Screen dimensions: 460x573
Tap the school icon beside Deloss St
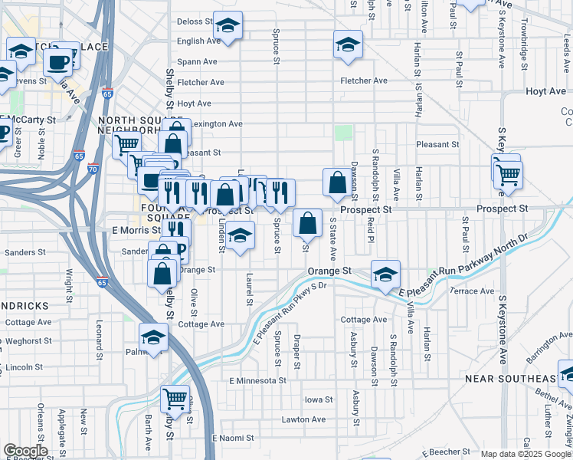click(x=228, y=28)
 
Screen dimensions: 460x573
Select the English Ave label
click(x=199, y=41)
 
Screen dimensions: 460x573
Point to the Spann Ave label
click(x=197, y=61)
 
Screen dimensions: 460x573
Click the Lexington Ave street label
click(x=217, y=123)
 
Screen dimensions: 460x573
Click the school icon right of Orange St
click(x=385, y=274)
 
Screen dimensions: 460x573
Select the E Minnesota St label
click(x=257, y=380)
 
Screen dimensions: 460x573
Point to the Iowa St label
click(x=319, y=399)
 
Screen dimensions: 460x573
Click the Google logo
click(x=25, y=451)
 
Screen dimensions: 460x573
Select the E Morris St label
click(x=135, y=229)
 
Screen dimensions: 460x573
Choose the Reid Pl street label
click(x=370, y=228)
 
